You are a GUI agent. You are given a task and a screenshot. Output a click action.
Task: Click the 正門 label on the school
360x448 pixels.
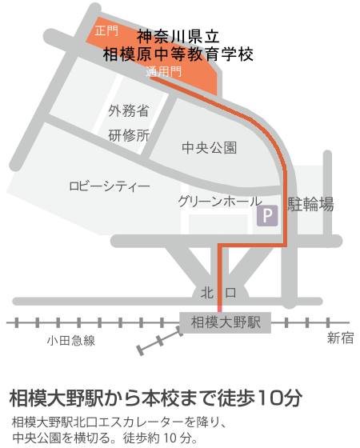pyautogui.click(x=106, y=31)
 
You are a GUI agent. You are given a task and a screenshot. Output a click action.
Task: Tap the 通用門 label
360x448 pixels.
pyautogui.click(x=164, y=72)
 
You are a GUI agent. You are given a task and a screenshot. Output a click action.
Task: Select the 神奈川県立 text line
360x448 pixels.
pyautogui.click(x=178, y=36)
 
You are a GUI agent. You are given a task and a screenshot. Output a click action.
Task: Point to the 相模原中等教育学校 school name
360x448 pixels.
pyautogui.click(x=178, y=55)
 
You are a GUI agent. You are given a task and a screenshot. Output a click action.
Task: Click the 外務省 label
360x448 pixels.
pyautogui.click(x=129, y=110)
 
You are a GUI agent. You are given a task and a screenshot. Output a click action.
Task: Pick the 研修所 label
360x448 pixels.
pyautogui.click(x=129, y=135)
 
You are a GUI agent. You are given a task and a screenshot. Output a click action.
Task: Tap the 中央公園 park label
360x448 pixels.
pyautogui.click(x=210, y=148)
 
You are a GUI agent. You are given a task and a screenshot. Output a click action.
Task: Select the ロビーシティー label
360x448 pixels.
pyautogui.click(x=110, y=186)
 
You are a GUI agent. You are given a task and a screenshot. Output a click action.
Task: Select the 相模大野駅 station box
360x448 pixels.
pyautogui.click(x=226, y=322)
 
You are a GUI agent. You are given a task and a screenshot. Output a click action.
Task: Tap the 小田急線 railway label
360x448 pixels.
pyautogui.click(x=70, y=341)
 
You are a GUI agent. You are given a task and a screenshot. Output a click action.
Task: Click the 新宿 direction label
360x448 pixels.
pyautogui.click(x=340, y=338)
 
